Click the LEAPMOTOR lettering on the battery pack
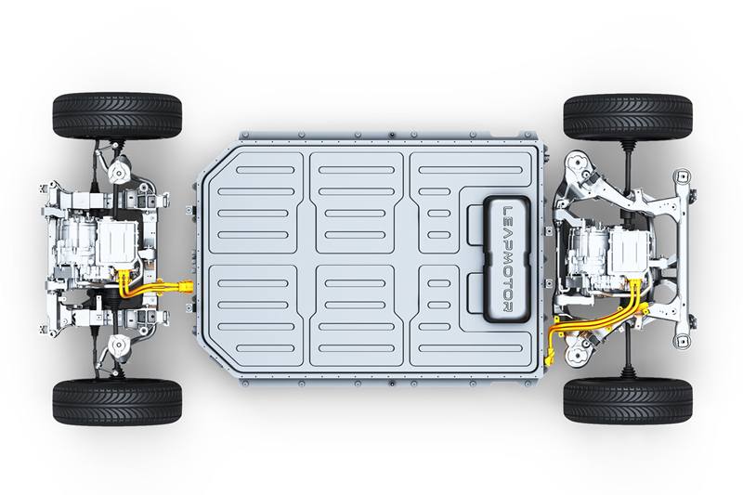(507, 258)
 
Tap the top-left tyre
(117, 116)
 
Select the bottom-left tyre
(117, 402)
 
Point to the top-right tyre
(628, 117)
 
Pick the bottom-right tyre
(628, 401)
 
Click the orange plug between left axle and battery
(185, 287)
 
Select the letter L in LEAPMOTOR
(507, 210)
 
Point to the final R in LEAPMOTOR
(507, 307)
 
